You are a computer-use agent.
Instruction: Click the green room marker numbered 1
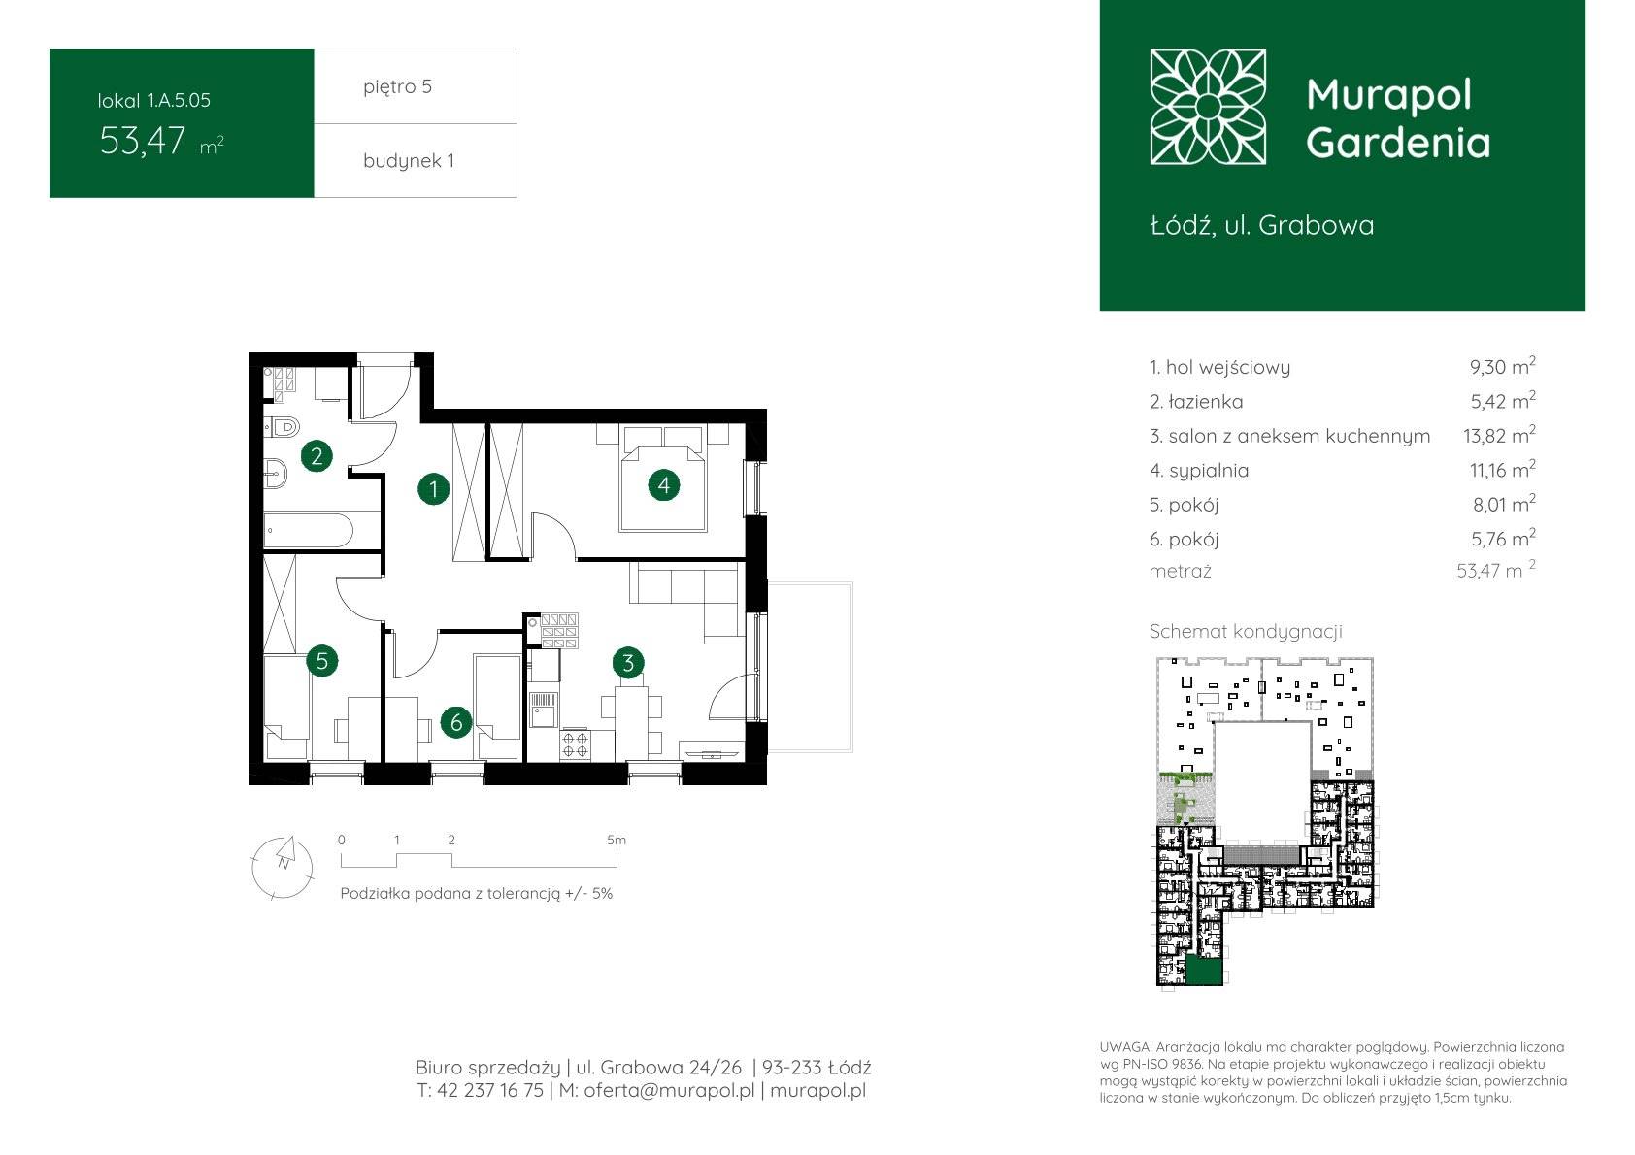coord(434,489)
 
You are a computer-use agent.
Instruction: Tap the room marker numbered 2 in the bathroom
coord(317,456)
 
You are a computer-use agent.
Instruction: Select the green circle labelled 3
coord(628,663)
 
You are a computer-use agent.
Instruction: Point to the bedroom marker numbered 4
coord(663,485)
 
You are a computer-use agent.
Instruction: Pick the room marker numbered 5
coord(322,661)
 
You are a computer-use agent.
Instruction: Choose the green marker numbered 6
coord(456,722)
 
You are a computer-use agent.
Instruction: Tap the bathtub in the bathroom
coord(309,531)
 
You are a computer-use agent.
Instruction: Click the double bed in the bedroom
coord(663,478)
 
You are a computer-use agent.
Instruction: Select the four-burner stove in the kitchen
coord(575,744)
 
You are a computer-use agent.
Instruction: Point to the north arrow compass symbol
coord(283,867)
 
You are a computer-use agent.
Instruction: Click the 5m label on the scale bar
coord(617,840)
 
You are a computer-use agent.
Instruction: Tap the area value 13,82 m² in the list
coord(1499,435)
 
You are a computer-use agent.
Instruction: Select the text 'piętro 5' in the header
coord(398,86)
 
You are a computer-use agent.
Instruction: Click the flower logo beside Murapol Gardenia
coord(1208,107)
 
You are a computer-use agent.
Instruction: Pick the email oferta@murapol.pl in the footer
coord(669,1090)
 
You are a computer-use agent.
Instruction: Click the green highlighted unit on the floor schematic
coord(1204,972)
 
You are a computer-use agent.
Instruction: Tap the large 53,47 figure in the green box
coord(143,141)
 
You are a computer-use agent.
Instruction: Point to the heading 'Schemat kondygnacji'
coord(1246,631)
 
